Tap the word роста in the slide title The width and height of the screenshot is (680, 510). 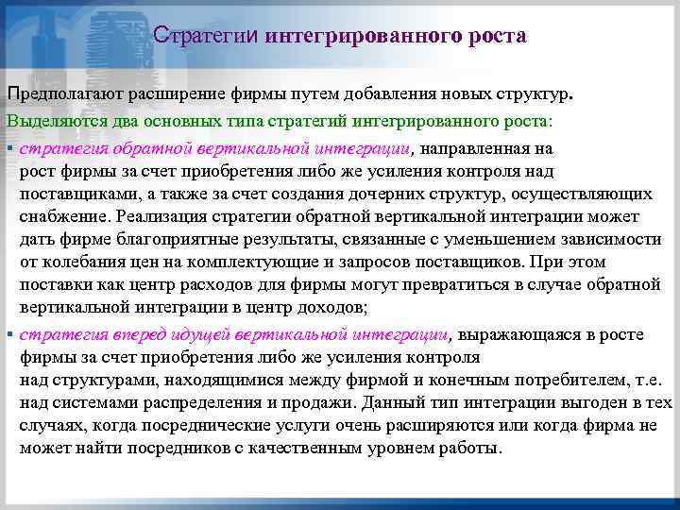click(x=494, y=36)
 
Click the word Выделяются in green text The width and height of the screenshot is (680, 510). click(x=46, y=122)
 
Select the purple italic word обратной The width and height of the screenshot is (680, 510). click(x=152, y=148)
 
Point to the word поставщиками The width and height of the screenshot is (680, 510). click(x=67, y=194)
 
